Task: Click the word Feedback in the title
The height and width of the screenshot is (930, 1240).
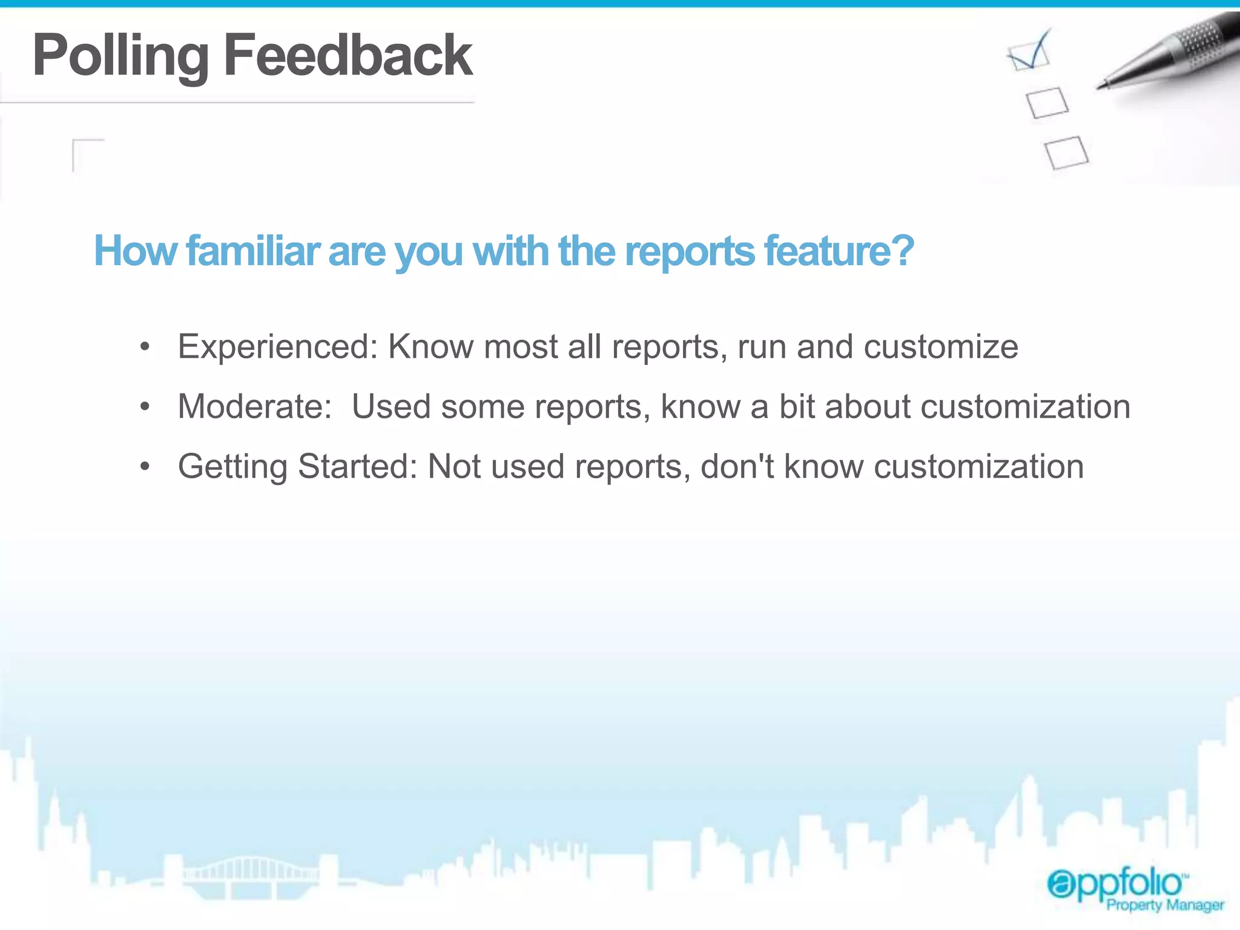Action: click(348, 55)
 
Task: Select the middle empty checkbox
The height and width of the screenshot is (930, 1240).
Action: click(1047, 102)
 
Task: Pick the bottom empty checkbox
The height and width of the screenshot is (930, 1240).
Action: click(1066, 153)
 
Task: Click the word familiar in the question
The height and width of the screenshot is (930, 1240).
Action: click(253, 251)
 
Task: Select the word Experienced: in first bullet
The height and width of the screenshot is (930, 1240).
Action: click(278, 348)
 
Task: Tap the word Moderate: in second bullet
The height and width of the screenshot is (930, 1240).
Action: click(255, 406)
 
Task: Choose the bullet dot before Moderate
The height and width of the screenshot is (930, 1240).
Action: click(144, 407)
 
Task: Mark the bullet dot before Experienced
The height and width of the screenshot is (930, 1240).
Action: click(144, 348)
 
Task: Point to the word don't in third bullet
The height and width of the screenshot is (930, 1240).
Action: click(737, 467)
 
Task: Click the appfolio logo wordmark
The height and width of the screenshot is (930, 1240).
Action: click(1116, 883)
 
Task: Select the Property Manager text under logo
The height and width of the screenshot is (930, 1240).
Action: click(1165, 905)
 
